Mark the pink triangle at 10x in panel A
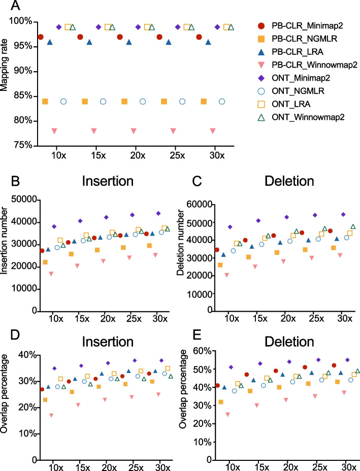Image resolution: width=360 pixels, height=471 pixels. click(x=54, y=131)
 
